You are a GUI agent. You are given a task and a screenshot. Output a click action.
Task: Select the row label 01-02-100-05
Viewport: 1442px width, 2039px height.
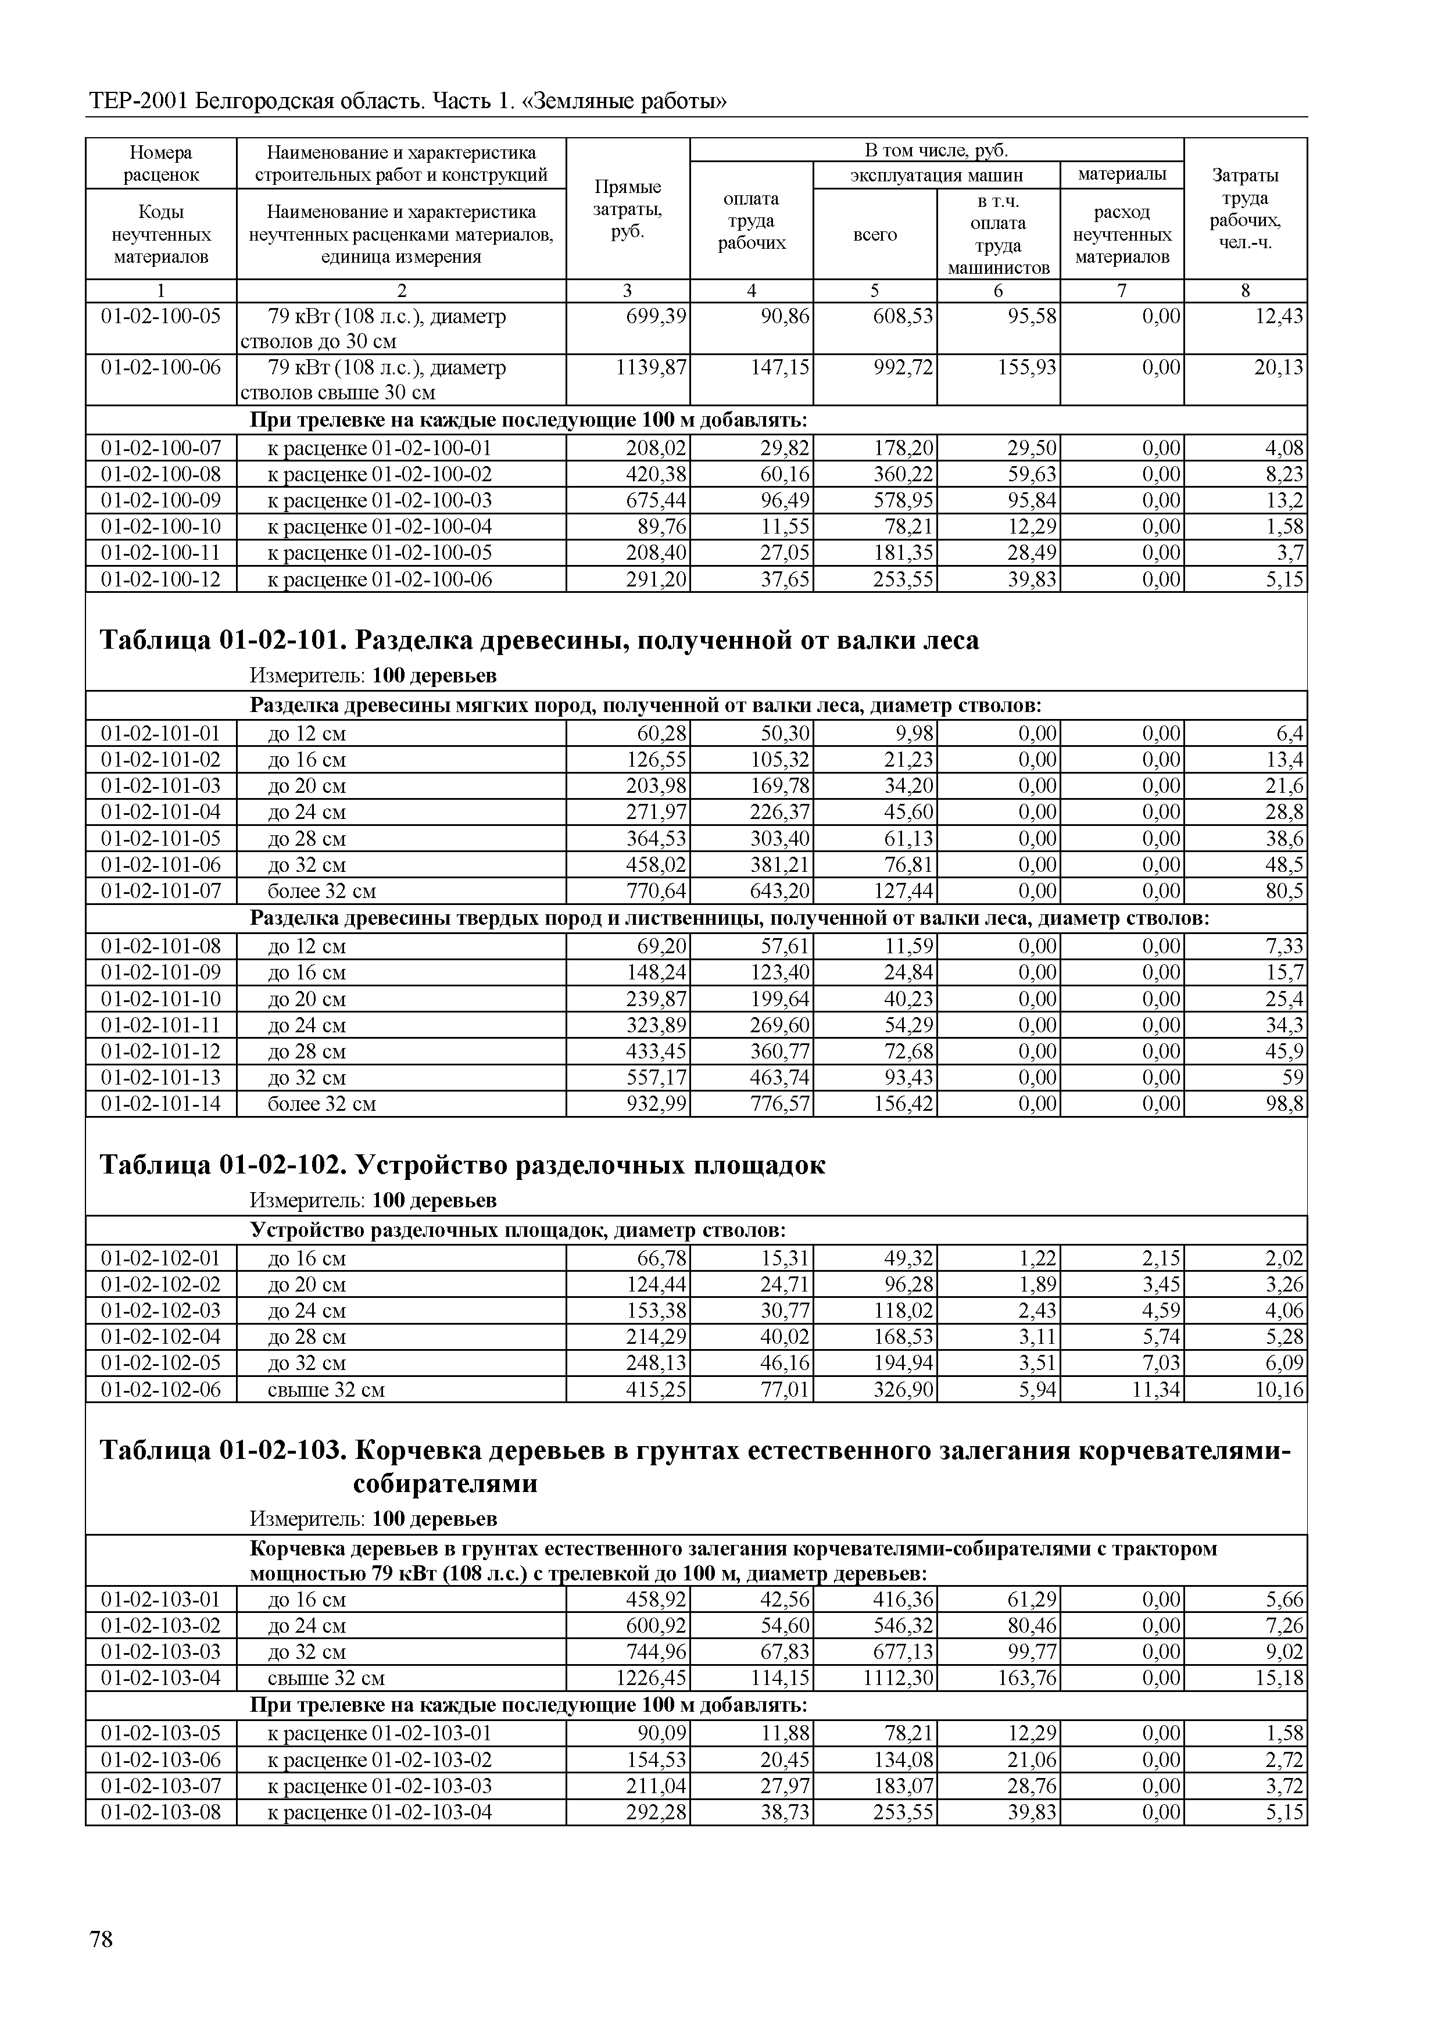click(161, 316)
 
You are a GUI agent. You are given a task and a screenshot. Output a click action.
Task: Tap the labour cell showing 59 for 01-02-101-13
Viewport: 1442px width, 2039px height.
click(1293, 1078)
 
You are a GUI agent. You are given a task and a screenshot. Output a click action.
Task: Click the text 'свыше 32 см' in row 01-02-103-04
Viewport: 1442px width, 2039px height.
click(326, 1679)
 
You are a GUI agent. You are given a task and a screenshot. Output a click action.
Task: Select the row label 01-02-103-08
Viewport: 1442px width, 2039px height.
click(161, 1812)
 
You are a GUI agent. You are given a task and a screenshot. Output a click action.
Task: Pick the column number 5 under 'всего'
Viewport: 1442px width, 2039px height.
click(875, 291)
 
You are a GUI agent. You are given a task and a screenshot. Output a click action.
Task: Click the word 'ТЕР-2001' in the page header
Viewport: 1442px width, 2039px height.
click(138, 101)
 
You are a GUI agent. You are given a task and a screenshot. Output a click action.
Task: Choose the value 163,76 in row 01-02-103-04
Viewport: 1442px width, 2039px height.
click(1028, 1679)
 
